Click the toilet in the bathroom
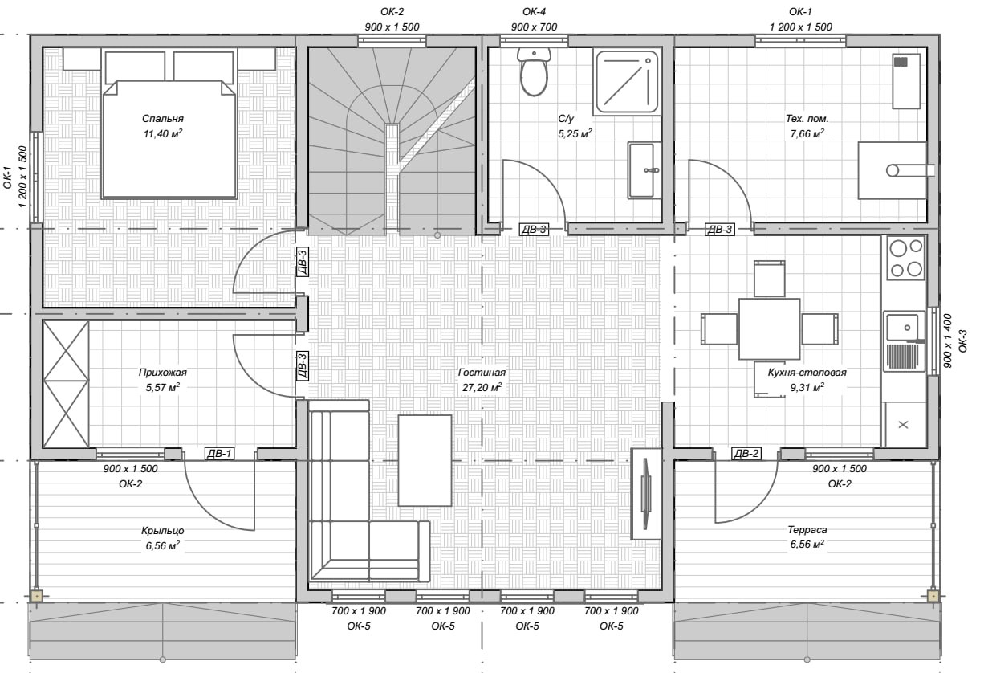point(534,71)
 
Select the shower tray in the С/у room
point(627,82)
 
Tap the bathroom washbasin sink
point(644,170)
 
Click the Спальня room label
point(163,119)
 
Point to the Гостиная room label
point(482,373)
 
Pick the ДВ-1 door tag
point(219,453)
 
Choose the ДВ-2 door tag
point(746,453)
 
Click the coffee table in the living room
point(425,460)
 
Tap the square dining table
point(769,328)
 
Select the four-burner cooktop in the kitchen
point(906,258)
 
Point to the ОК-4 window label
point(535,12)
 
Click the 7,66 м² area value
point(807,133)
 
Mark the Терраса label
point(807,530)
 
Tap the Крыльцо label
point(163,531)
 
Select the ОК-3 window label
point(962,341)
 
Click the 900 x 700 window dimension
point(535,27)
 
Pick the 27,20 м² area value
point(482,387)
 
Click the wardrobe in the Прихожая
point(66,384)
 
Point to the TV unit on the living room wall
point(646,494)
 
